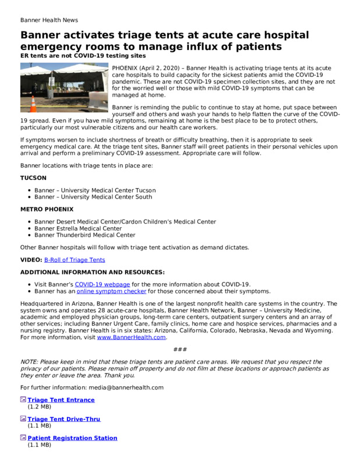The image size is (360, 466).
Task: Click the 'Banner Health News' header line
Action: coord(49,20)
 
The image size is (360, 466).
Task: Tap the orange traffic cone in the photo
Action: coord(33,104)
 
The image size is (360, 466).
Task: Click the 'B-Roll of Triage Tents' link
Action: coord(75,260)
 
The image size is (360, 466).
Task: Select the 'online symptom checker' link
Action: coord(111,291)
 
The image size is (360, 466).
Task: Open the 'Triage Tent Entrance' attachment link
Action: coord(61,400)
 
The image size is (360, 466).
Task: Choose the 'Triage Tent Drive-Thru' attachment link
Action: coord(64,419)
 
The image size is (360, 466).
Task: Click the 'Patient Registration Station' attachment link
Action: coord(72,438)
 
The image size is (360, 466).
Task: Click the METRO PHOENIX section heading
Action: coord(47,209)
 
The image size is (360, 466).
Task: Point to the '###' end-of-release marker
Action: coord(180,349)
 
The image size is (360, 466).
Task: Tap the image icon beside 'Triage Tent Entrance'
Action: coord(23,400)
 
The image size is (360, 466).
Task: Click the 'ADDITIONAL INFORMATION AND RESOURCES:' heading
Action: coord(93,272)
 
